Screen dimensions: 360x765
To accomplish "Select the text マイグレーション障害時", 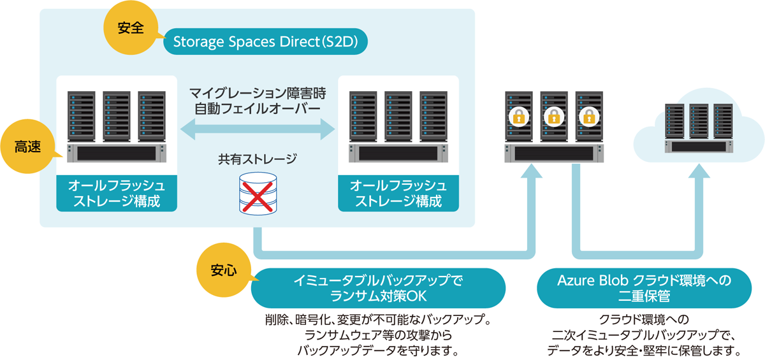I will (x=258, y=93).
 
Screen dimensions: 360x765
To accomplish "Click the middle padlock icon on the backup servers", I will (x=553, y=117).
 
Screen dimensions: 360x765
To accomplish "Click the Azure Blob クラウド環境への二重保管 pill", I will (x=645, y=288).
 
